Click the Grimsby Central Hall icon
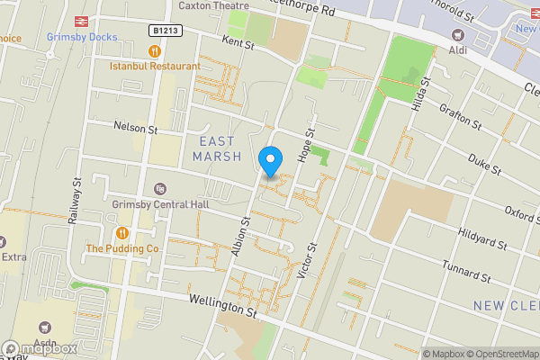[x=160, y=189]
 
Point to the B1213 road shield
[x=165, y=30]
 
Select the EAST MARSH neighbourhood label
[x=217, y=148]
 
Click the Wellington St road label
[x=222, y=308]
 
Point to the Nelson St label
[x=135, y=129]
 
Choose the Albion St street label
[x=240, y=236]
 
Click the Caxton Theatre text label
[x=213, y=5]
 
